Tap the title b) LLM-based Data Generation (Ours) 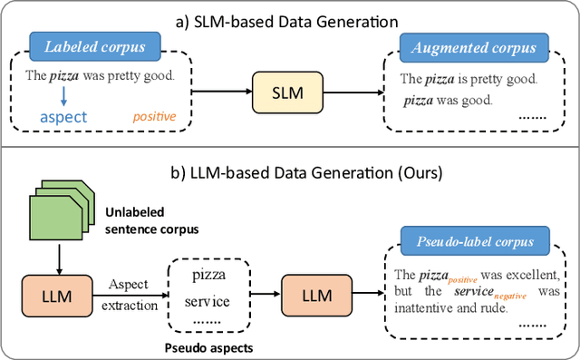click(289, 171)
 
